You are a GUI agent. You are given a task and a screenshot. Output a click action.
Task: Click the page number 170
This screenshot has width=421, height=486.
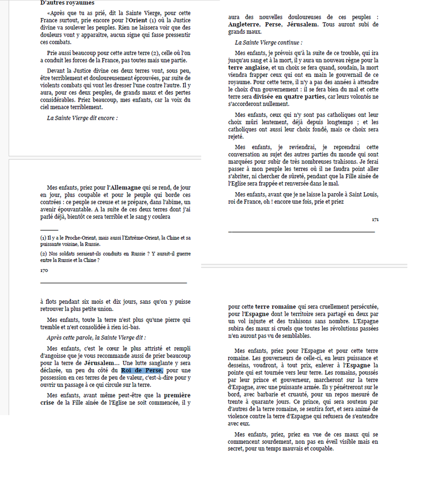click(x=44, y=270)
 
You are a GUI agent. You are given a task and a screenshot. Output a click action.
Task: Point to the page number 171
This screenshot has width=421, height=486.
click(x=375, y=219)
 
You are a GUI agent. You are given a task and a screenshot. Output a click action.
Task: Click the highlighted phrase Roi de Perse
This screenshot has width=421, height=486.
click(x=142, y=370)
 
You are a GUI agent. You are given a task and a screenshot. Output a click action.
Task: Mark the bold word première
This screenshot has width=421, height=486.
click(x=177, y=395)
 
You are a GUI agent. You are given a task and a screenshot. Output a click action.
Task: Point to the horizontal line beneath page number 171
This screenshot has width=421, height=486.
click(x=301, y=231)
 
